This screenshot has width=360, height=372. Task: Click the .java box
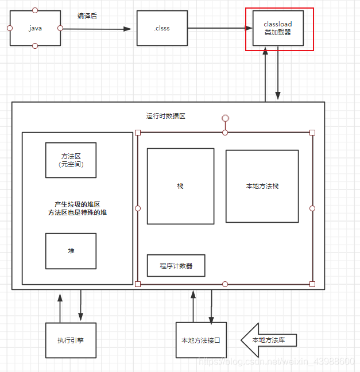[x=35, y=28]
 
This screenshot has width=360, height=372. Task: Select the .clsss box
[x=162, y=28]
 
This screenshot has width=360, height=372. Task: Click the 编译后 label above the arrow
[x=87, y=16]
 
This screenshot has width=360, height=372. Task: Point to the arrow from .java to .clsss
[x=98, y=28]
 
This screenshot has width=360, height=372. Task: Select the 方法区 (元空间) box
[x=71, y=160]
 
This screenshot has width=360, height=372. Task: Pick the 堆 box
[x=71, y=251]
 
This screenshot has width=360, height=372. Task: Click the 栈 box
[x=180, y=186]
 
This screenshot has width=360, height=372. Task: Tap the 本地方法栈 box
[x=262, y=186]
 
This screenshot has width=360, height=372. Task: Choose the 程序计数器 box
[x=176, y=266]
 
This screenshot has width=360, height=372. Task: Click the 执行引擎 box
[x=71, y=340]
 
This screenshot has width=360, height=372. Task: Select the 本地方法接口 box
[x=200, y=340]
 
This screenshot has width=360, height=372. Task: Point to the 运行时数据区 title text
[x=166, y=116]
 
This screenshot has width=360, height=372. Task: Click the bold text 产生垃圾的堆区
[x=78, y=204]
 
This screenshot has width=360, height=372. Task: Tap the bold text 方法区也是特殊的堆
[x=78, y=212]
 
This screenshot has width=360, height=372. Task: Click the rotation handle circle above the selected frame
[x=225, y=118]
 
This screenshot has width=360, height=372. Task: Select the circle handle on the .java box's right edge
[x=60, y=28]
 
